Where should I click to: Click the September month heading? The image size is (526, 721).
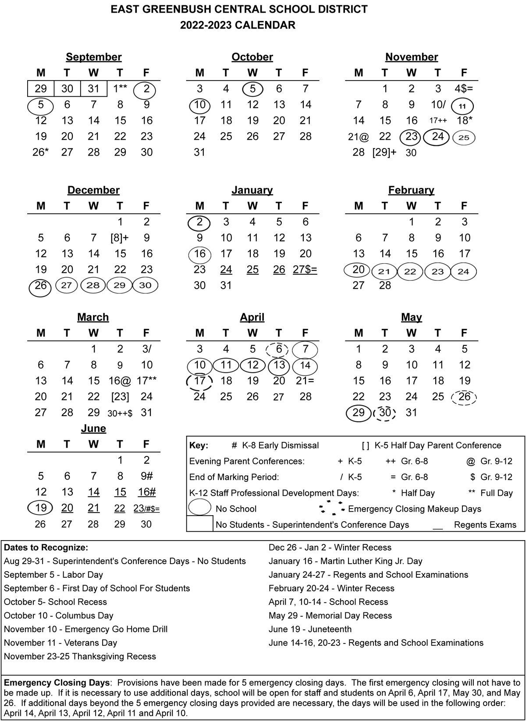[93, 57]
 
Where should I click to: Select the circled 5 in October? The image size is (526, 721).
[252, 89]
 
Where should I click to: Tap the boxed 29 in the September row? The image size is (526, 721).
[41, 89]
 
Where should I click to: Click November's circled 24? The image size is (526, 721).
[437, 137]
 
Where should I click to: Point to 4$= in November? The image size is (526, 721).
[464, 89]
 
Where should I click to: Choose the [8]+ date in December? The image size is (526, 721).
[119, 238]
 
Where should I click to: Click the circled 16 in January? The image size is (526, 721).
[200, 254]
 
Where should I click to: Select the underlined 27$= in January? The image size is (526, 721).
[305, 270]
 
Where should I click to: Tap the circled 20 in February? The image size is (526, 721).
[359, 270]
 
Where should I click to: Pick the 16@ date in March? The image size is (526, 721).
[120, 381]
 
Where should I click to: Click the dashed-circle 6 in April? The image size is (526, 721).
[279, 349]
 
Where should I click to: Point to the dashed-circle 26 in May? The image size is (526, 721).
[464, 397]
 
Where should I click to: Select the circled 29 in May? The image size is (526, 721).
[359, 413]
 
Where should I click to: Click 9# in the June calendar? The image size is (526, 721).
[147, 476]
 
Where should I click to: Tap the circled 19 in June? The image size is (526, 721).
[41, 508]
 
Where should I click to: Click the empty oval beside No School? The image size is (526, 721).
[200, 508]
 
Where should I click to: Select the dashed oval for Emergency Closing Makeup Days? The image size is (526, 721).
[332, 508]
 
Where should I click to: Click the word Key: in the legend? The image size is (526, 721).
[199, 445]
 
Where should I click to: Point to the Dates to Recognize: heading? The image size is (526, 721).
[46, 548]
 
